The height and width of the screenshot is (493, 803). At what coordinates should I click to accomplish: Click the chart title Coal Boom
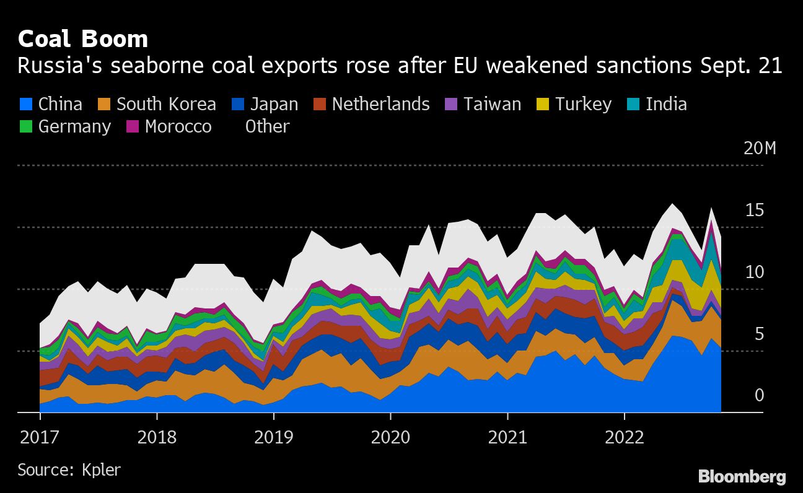(83, 39)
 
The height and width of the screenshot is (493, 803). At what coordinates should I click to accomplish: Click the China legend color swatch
(25, 104)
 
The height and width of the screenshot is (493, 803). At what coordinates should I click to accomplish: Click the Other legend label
(267, 126)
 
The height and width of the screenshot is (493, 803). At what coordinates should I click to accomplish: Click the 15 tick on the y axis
(754, 211)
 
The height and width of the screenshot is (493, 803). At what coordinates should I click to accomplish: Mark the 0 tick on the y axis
(759, 395)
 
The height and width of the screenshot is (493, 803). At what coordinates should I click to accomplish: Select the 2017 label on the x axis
(40, 437)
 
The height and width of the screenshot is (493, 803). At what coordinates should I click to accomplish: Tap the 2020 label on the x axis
(390, 437)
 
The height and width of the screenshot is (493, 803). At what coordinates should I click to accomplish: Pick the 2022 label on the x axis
(625, 437)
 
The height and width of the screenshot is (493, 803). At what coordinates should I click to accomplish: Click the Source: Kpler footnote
(69, 469)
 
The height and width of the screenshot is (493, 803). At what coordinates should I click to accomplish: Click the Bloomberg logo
(742, 476)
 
